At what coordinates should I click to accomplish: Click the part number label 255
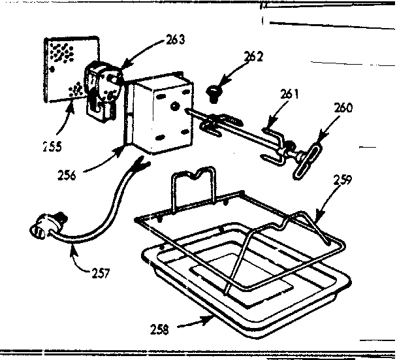[x=50, y=146]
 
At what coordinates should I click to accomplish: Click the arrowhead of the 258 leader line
[x=210, y=318]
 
